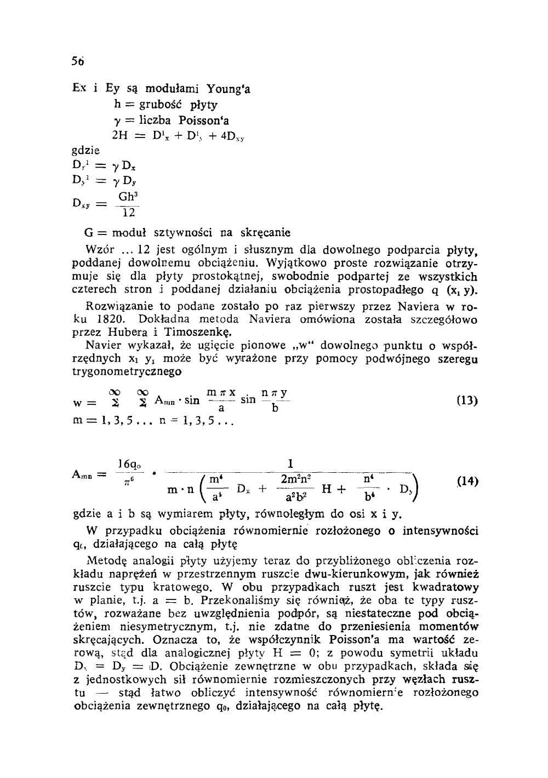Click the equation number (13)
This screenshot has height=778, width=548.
tap(467, 401)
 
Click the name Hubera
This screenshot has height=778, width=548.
tap(128, 332)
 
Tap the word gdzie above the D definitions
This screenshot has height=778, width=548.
tap(88, 150)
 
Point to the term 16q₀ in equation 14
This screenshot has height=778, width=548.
tap(128, 465)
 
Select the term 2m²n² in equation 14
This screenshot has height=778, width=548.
tap(296, 479)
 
